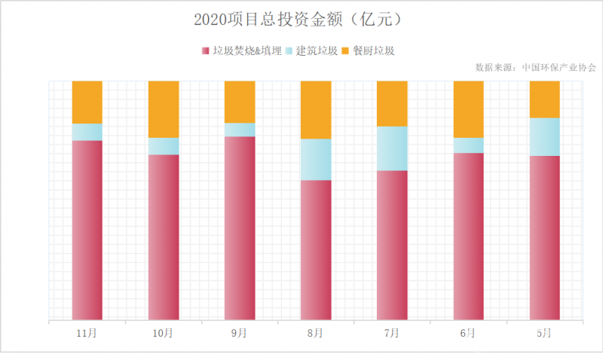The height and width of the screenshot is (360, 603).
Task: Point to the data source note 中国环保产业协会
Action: tap(535, 67)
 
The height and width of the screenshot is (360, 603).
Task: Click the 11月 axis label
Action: tap(87, 332)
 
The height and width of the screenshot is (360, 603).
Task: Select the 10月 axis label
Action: tap(163, 332)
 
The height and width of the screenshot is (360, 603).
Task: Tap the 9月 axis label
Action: tap(240, 332)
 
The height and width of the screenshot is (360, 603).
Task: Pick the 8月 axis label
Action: tap(316, 332)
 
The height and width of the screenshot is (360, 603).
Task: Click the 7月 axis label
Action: tap(392, 332)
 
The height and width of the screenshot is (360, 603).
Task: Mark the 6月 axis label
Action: tap(468, 332)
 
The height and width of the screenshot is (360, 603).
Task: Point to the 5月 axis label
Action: tap(544, 332)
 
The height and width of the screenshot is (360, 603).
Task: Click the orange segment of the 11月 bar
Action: tap(87, 102)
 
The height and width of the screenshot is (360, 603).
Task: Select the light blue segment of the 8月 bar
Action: tap(316, 159)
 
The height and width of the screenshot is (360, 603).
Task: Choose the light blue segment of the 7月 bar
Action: tap(392, 148)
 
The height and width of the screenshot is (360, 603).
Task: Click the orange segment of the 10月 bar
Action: tap(163, 108)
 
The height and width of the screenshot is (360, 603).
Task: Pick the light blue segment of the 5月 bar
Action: tap(544, 136)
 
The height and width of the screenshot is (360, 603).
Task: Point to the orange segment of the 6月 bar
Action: tap(468, 108)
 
